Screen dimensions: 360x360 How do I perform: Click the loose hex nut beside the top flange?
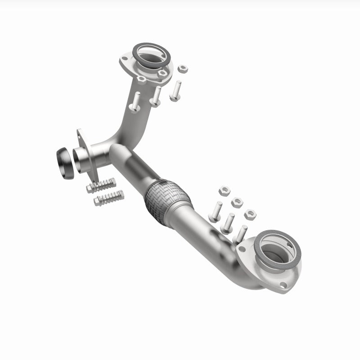tap(183, 69)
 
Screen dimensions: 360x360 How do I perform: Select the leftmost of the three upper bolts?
tap(135, 102)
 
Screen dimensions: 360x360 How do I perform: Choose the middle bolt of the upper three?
tap(156, 95)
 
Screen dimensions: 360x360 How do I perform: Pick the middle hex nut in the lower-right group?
tap(237, 202)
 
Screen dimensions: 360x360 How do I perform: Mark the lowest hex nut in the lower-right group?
tap(250, 213)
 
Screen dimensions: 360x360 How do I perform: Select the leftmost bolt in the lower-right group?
tap(216, 211)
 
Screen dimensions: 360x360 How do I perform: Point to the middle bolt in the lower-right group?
tap(228, 222)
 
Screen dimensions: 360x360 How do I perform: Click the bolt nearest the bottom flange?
tap(242, 234)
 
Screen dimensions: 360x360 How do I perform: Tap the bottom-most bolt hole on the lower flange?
tap(282, 284)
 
